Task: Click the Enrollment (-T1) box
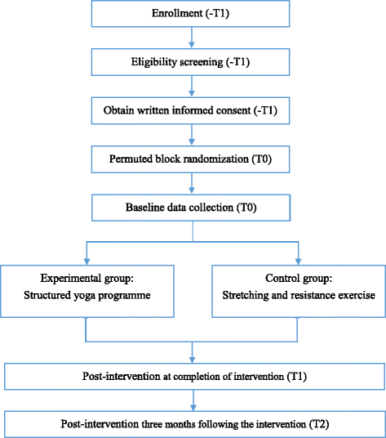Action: coord(192,16)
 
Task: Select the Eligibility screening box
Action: coord(192,62)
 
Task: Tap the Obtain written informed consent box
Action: coord(192,109)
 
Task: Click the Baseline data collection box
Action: coord(192,208)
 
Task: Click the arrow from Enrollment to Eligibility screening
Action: coord(192,38)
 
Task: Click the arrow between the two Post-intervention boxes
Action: coord(193,399)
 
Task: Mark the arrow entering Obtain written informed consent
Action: coord(192,86)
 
